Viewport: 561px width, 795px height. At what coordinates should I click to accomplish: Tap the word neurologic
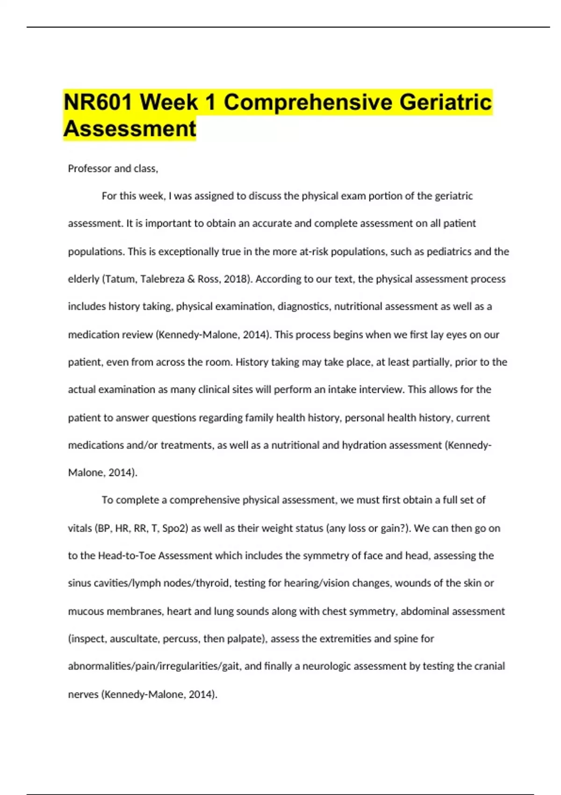pos(327,666)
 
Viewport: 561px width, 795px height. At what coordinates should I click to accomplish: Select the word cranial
pos(489,666)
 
